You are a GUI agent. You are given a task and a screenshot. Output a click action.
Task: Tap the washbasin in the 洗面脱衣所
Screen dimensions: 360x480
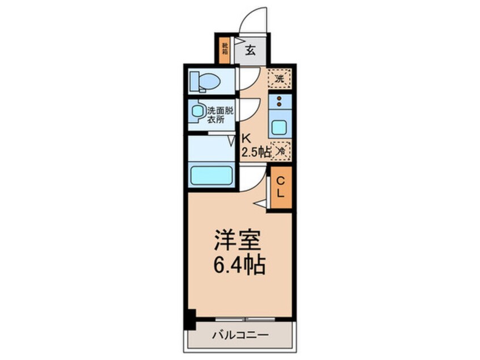click(x=197, y=112)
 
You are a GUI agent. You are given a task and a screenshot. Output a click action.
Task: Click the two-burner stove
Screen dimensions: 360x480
click(x=280, y=102)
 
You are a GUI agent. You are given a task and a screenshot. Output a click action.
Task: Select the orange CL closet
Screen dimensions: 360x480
click(x=280, y=187)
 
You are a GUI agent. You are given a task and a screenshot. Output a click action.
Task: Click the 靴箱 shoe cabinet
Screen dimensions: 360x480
click(x=225, y=49)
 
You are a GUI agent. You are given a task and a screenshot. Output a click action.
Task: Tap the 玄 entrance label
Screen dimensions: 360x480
click(x=250, y=51)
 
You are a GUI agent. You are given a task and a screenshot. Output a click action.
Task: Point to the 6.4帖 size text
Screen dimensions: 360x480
click(x=239, y=265)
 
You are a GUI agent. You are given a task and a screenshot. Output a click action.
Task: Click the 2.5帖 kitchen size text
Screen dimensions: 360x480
click(x=255, y=152)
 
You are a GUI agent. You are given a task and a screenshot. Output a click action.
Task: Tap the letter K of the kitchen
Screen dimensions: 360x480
click(x=246, y=138)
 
